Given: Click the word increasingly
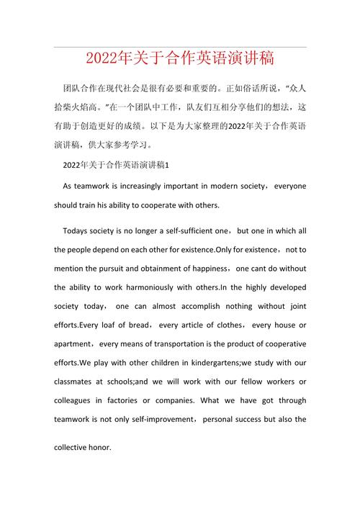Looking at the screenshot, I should (138, 186).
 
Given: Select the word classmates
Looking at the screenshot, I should (76, 381).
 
